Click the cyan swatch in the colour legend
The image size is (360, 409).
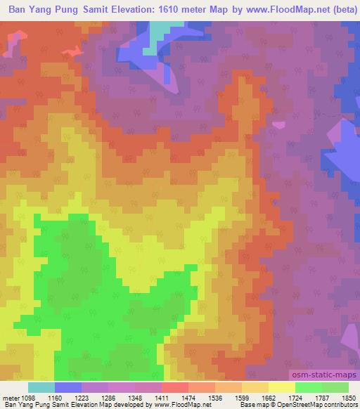coord(41,387)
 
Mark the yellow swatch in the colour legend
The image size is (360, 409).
coord(281,387)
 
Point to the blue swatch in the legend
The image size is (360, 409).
coord(68,387)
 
